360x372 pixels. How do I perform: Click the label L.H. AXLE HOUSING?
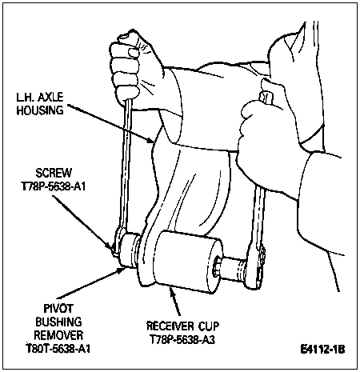[40, 103]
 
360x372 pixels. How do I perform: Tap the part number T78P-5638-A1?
[54, 186]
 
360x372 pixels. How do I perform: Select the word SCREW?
[54, 173]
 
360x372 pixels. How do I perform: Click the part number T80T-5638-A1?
[58, 349]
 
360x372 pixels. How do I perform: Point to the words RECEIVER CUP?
[182, 326]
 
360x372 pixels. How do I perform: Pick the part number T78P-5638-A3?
[182, 339]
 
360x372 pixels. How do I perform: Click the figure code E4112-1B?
[322, 349]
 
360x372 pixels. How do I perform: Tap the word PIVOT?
[58, 309]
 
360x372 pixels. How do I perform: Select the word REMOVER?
[58, 335]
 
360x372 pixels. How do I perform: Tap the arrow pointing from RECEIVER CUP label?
[176, 302]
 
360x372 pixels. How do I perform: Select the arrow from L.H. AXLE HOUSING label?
[110, 123]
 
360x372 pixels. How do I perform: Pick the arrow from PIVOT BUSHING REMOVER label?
[90, 283]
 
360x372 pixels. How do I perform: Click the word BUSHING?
[58, 322]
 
